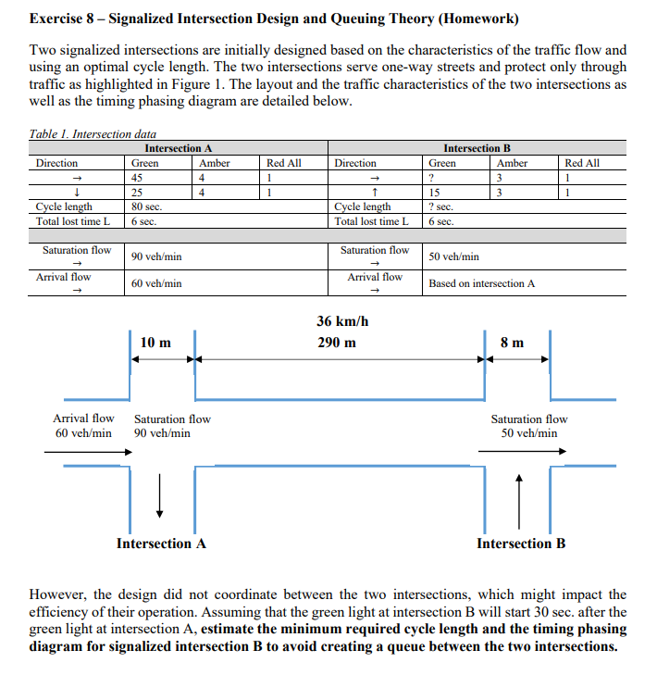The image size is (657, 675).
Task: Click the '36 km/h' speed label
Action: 336,321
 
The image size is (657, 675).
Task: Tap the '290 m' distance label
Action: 336,343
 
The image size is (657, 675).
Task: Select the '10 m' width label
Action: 155,343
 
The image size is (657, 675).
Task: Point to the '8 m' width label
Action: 512,343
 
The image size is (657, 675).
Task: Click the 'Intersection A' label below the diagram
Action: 161,544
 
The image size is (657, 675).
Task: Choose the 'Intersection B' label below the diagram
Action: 521,544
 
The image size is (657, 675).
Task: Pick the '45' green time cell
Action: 137,178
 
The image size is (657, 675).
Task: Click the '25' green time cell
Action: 137,193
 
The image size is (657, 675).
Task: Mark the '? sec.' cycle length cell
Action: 440,207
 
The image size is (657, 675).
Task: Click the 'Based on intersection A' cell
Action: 481,283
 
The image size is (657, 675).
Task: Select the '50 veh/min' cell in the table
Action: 453,256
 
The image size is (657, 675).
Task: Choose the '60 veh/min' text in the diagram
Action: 83,433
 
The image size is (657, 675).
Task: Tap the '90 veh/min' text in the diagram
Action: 163,433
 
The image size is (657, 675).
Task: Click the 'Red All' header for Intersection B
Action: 582,163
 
